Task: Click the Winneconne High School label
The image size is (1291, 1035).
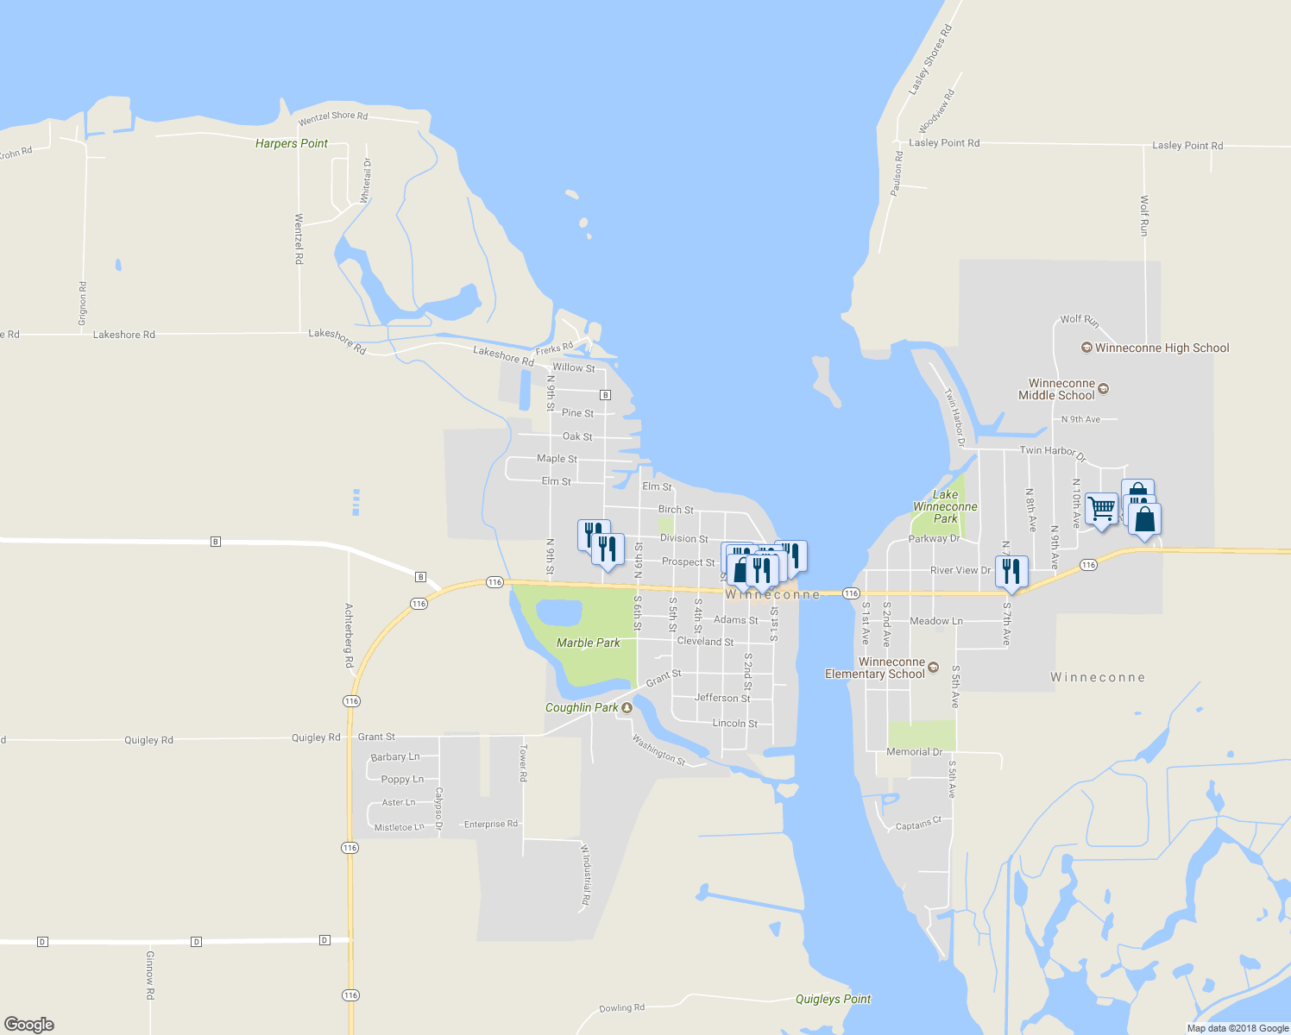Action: (x=1162, y=348)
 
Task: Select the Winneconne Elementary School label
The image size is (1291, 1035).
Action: (x=875, y=668)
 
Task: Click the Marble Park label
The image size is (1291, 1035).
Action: (x=589, y=643)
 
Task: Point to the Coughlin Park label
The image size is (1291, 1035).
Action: (x=582, y=707)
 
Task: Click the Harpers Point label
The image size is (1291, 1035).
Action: (x=292, y=143)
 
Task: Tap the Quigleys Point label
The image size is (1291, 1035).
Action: (x=833, y=999)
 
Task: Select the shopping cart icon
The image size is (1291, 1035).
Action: (x=1101, y=509)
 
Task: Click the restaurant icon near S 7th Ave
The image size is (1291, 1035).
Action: (x=1011, y=572)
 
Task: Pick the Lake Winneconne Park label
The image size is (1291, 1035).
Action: (x=945, y=506)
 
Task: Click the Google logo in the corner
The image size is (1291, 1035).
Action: (x=28, y=1024)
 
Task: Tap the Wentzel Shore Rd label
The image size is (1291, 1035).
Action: (x=332, y=116)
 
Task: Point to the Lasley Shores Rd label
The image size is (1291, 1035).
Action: (x=930, y=60)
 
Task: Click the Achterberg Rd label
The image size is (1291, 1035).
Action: (x=349, y=636)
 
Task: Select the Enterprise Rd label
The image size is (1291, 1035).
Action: (x=491, y=824)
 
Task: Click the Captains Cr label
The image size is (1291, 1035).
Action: (x=918, y=825)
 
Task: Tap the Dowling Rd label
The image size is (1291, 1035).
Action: (x=621, y=1007)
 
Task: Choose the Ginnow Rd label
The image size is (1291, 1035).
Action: (x=149, y=975)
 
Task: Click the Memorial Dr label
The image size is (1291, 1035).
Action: (x=915, y=752)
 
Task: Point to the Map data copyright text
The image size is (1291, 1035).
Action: (x=1237, y=1028)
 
